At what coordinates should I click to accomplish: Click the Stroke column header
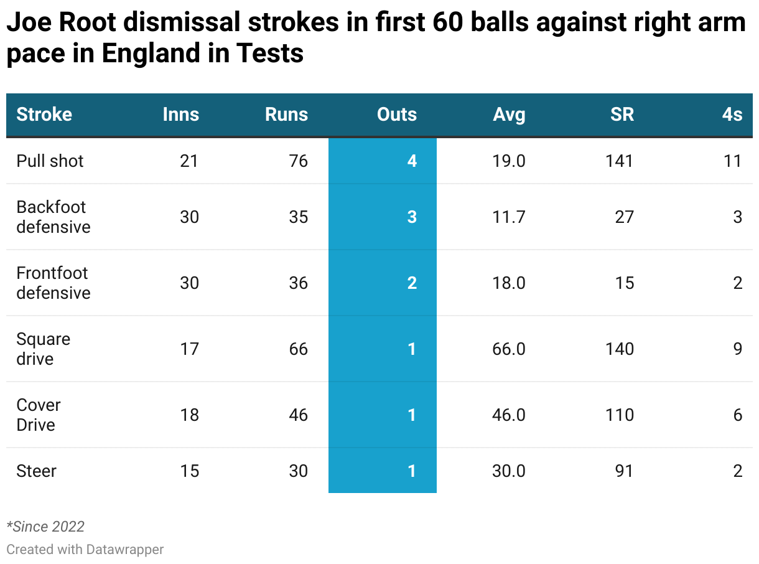click(x=44, y=115)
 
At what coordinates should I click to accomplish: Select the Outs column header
click(x=397, y=115)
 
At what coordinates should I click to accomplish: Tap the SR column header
click(x=622, y=115)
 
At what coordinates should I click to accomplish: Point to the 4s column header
click(x=732, y=115)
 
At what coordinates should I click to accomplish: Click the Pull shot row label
click(x=50, y=161)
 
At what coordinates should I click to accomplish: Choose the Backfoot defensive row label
click(x=53, y=217)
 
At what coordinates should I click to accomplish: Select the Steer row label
click(x=37, y=471)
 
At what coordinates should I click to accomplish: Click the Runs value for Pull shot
click(x=299, y=161)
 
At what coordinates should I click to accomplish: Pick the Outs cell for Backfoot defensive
click(x=412, y=217)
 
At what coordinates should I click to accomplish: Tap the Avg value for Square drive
click(x=509, y=349)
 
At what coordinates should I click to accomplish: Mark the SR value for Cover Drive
click(x=620, y=415)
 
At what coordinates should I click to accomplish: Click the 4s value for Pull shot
click(x=733, y=161)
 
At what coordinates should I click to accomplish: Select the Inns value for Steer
click(x=189, y=471)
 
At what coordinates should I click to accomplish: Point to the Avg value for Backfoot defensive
click(x=509, y=217)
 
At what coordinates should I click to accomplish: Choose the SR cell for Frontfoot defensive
click(x=624, y=283)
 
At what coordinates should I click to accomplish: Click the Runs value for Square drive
click(x=299, y=349)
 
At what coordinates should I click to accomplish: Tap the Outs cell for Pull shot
click(x=412, y=161)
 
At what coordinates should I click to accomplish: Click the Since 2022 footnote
click(x=45, y=527)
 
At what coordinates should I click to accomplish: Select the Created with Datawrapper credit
click(x=85, y=550)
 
